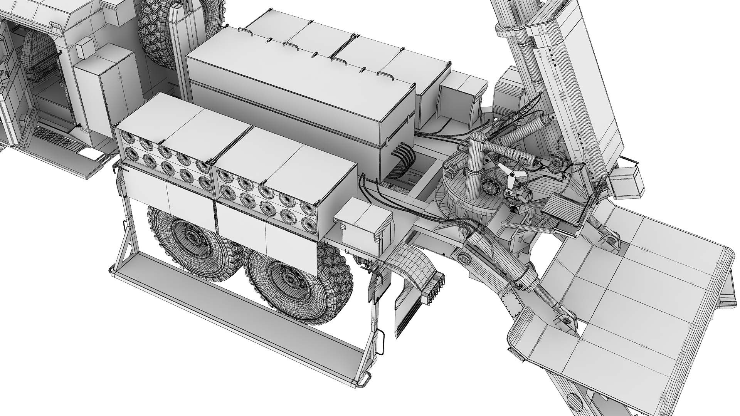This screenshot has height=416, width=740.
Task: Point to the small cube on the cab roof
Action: [x=84, y=49]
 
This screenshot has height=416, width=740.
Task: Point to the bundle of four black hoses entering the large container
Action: [x=403, y=156]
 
